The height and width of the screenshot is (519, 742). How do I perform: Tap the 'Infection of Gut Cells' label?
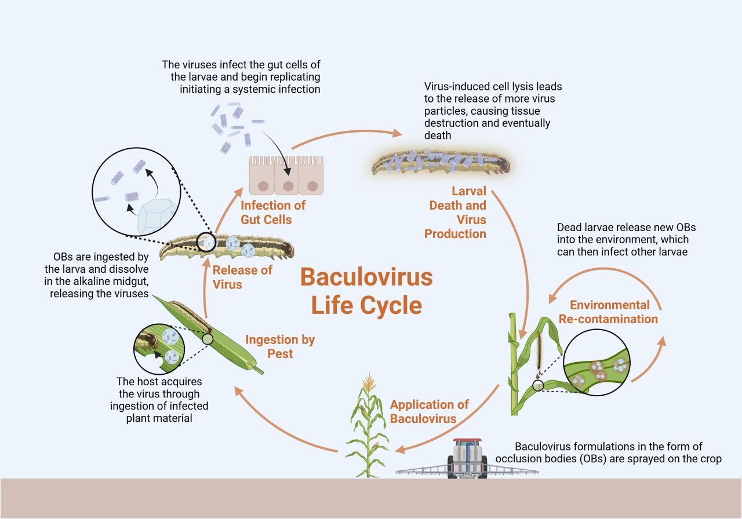click(x=273, y=213)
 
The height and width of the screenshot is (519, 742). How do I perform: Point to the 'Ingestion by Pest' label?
click(x=280, y=346)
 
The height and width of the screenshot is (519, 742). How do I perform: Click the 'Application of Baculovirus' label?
click(x=429, y=411)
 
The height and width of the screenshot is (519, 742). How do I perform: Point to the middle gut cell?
click(x=286, y=176)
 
